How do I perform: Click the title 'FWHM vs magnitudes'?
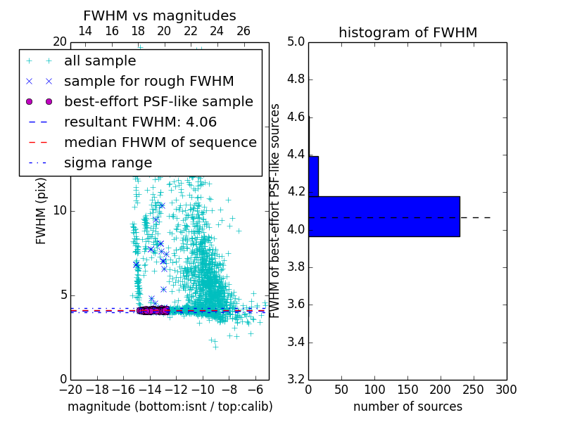coord(159,15)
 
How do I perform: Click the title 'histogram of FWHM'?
coord(407,32)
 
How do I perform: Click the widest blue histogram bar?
coord(384,217)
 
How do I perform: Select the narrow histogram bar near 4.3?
coord(313,176)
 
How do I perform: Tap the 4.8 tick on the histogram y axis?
coord(295,79)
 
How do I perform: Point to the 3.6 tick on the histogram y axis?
coord(295,305)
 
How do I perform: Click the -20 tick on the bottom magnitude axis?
coord(70,389)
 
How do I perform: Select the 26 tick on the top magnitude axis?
coord(243,31)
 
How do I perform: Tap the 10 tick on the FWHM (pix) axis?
coord(61,211)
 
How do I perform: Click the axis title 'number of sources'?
coord(407,407)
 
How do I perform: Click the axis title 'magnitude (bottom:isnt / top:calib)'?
coord(170,407)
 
